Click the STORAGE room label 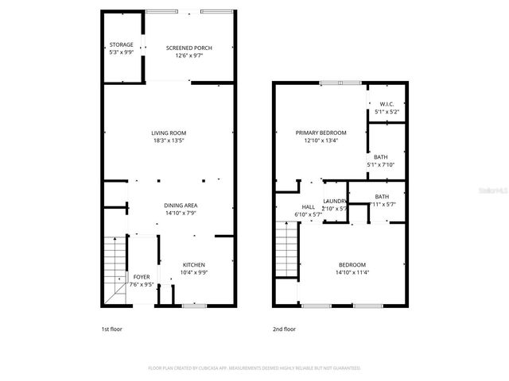click(122, 44)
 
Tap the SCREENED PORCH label click(189, 48)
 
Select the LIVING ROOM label click(169, 133)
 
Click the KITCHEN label click(194, 264)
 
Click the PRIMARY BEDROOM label click(321, 133)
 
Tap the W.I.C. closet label click(387, 104)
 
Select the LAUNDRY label click(334, 202)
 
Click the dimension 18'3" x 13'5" click(169, 140)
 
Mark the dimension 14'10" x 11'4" click(352, 272)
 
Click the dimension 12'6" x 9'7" click(189, 56)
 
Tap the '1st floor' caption click(111, 329)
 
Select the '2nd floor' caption click(284, 329)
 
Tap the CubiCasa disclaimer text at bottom click(254, 368)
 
